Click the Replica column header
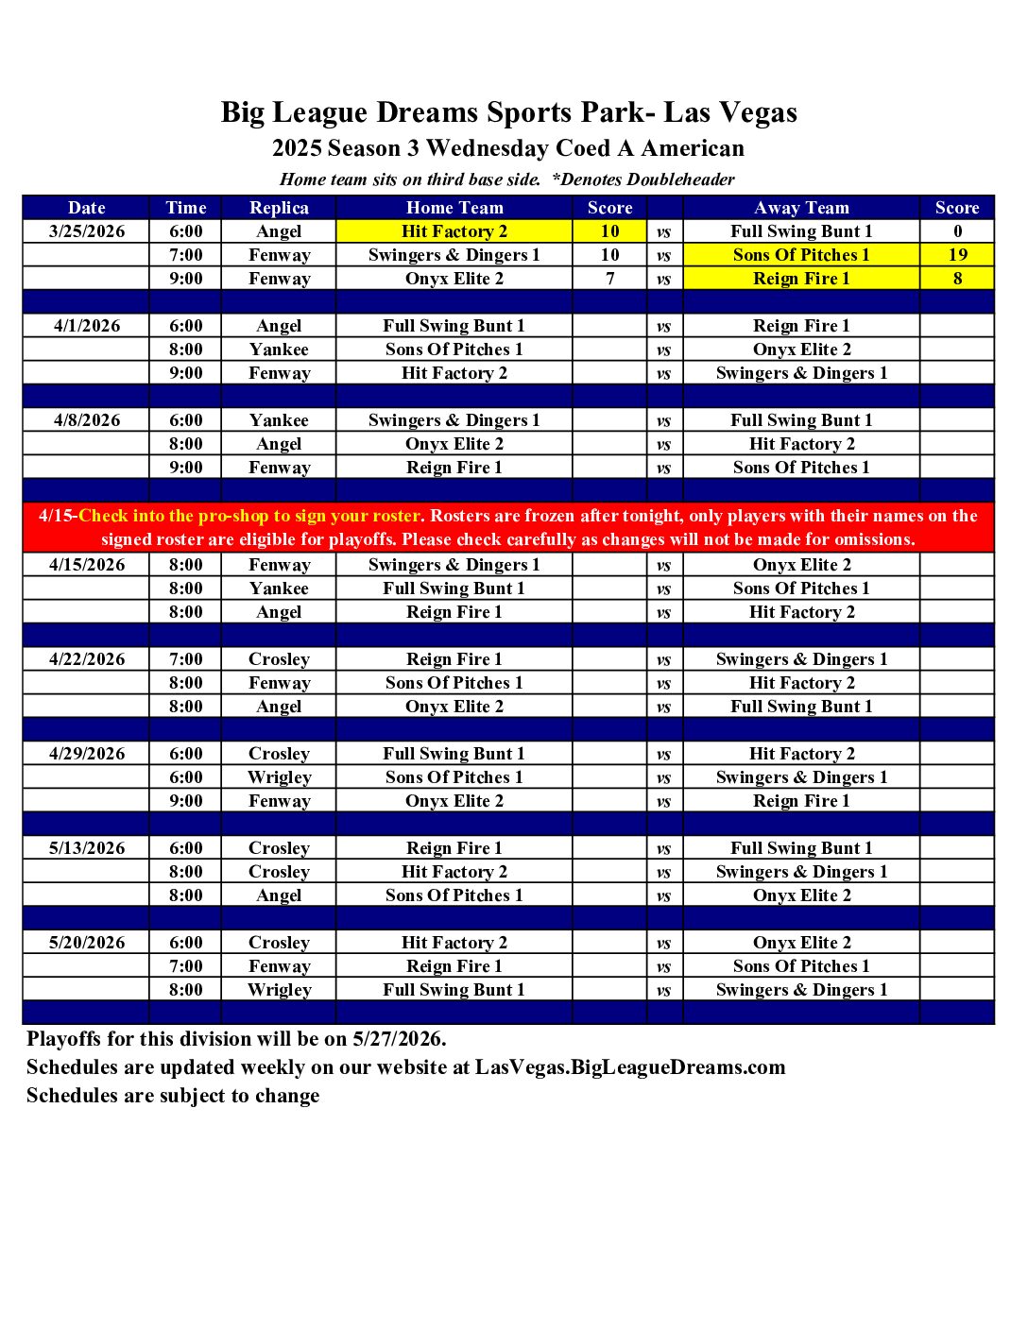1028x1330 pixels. pyautogui.click(x=279, y=208)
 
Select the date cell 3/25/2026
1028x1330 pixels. pyautogui.click(x=87, y=231)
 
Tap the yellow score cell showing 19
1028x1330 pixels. pyautogui.click(x=957, y=255)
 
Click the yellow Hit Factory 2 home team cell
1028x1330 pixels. pyautogui.click(x=454, y=231)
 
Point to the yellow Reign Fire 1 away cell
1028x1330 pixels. pyautogui.click(x=801, y=279)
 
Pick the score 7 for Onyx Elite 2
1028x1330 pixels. pyautogui.click(x=610, y=279)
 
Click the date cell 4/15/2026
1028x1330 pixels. pyautogui.click(x=87, y=565)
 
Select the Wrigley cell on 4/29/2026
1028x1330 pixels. pyautogui.click(x=279, y=777)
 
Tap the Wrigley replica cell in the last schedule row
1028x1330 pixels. pyautogui.click(x=279, y=990)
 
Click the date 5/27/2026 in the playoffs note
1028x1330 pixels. pyautogui.click(x=397, y=1039)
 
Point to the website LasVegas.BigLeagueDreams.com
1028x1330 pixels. pyautogui.click(x=630, y=1067)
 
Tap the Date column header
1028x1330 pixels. pyautogui.click(x=87, y=208)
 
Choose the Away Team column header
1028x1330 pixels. pyautogui.click(x=801, y=208)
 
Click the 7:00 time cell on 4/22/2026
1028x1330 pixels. pyautogui.click(x=186, y=659)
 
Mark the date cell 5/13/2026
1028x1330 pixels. pyautogui.click(x=87, y=848)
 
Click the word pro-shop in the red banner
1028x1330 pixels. pyautogui.click(x=232, y=516)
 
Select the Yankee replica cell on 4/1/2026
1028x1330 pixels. pyautogui.click(x=279, y=350)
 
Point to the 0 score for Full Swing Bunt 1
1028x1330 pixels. pyautogui.click(x=957, y=231)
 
